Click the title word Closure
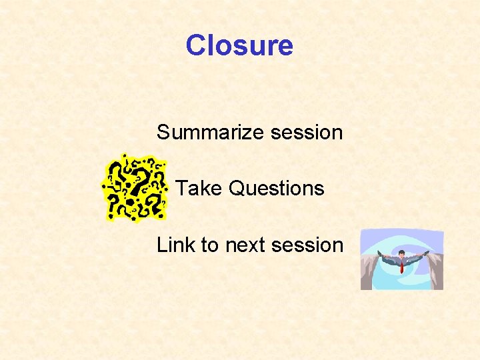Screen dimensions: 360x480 (x=239, y=45)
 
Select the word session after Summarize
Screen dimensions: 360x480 (x=307, y=133)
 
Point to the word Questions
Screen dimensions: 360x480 (x=277, y=189)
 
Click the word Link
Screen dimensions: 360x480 (x=175, y=245)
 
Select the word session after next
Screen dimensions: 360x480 (x=307, y=245)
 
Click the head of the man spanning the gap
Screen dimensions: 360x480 (x=402, y=254)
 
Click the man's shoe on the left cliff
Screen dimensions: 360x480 (x=377, y=253)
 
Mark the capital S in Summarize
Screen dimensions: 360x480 (x=164, y=133)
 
